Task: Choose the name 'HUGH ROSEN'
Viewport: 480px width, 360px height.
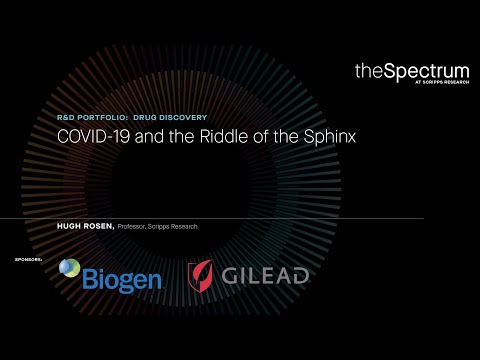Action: (85, 227)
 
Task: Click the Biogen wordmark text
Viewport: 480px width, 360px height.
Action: (123, 276)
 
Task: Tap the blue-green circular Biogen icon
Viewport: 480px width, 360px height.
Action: (70, 268)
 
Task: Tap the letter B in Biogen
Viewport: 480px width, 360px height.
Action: (92, 276)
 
